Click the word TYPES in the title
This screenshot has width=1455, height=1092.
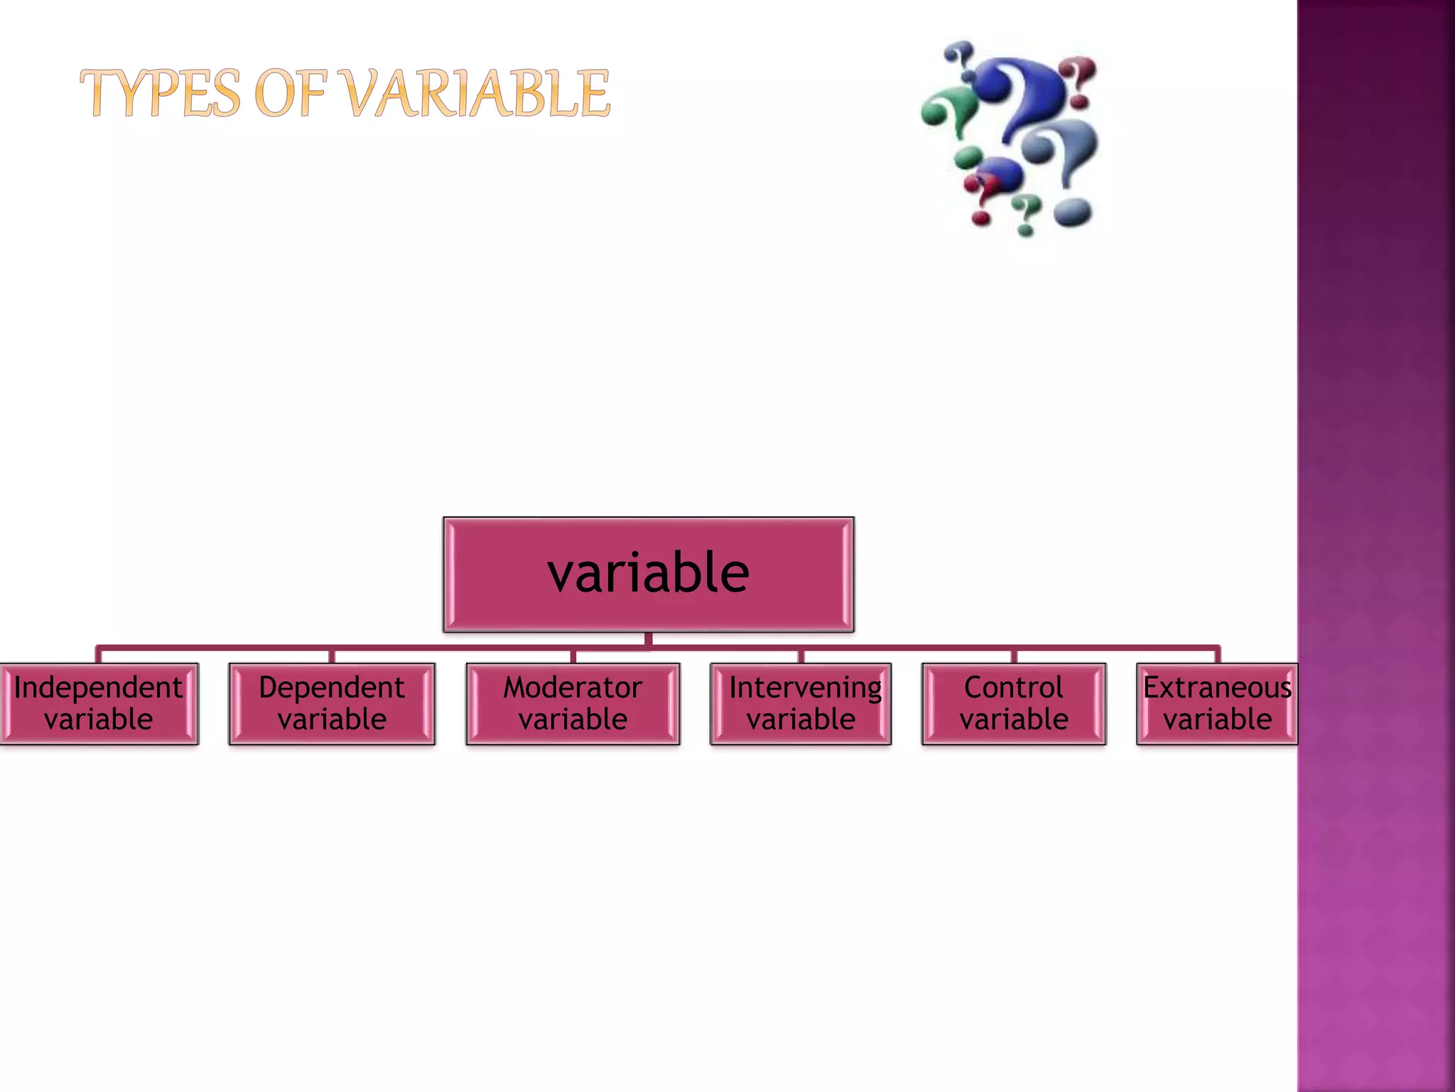(x=161, y=94)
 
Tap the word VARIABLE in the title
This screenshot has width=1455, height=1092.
(x=480, y=94)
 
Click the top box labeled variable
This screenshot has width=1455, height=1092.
(x=648, y=574)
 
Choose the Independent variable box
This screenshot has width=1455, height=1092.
(x=99, y=704)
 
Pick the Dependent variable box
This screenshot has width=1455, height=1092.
(x=332, y=704)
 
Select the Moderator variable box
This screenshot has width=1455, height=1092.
(x=573, y=704)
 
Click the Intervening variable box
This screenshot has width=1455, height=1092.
(x=801, y=704)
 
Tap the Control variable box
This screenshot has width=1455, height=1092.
(x=1014, y=704)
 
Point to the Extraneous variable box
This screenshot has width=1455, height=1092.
(x=1217, y=704)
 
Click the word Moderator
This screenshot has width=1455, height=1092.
(x=573, y=687)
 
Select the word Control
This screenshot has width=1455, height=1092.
(x=1014, y=687)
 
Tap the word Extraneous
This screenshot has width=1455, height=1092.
(x=1217, y=687)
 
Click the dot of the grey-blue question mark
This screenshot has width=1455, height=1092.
(x=1073, y=212)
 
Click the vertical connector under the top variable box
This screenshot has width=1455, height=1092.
(x=648, y=639)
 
